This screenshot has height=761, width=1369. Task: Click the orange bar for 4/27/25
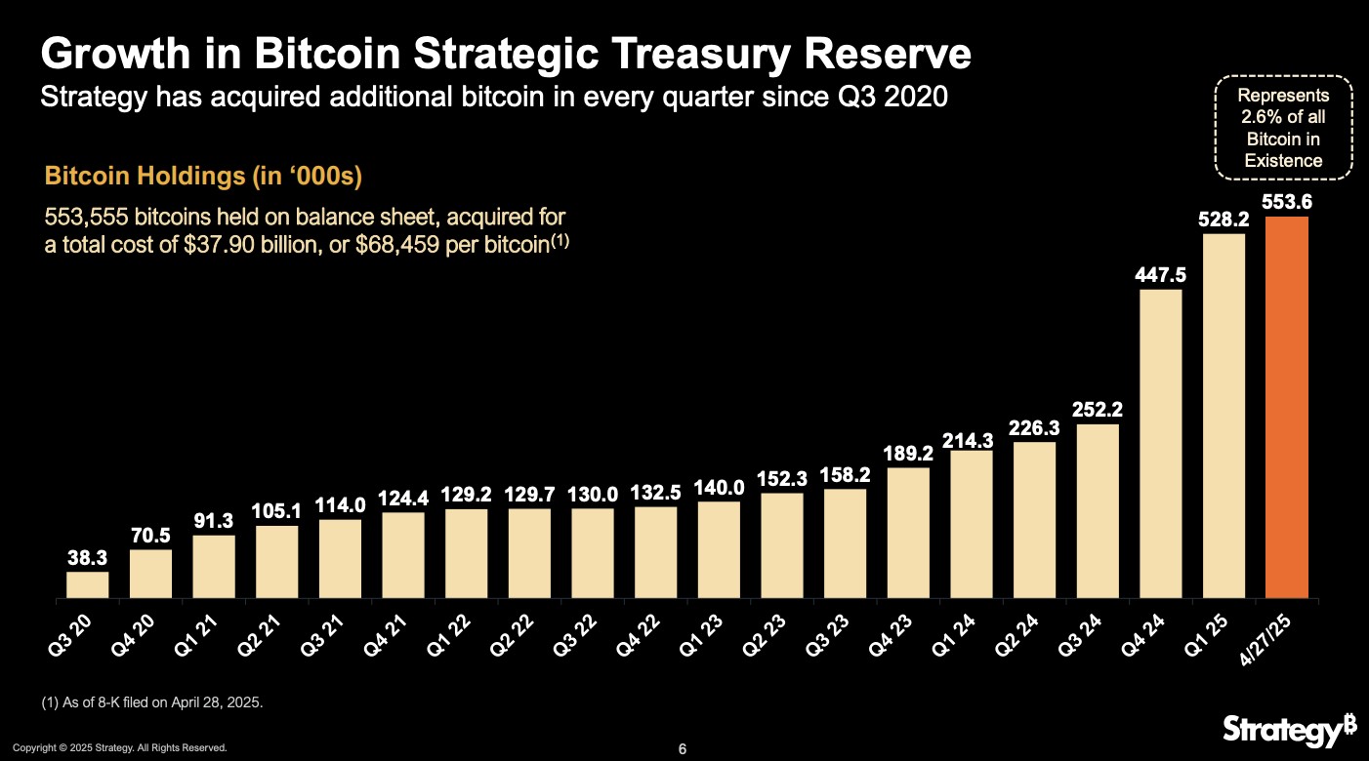[1286, 407]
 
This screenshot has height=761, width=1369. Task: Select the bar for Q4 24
[1160, 443]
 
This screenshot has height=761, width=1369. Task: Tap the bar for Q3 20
[87, 584]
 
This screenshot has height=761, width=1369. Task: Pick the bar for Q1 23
[719, 549]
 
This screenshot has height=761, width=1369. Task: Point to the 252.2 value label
[1098, 410]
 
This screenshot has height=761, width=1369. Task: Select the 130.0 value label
[593, 494]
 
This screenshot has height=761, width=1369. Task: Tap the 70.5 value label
[150, 535]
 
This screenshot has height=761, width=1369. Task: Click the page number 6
[684, 749]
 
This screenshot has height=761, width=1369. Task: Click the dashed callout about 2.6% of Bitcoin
[1283, 128]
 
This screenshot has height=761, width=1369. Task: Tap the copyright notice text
[119, 748]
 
